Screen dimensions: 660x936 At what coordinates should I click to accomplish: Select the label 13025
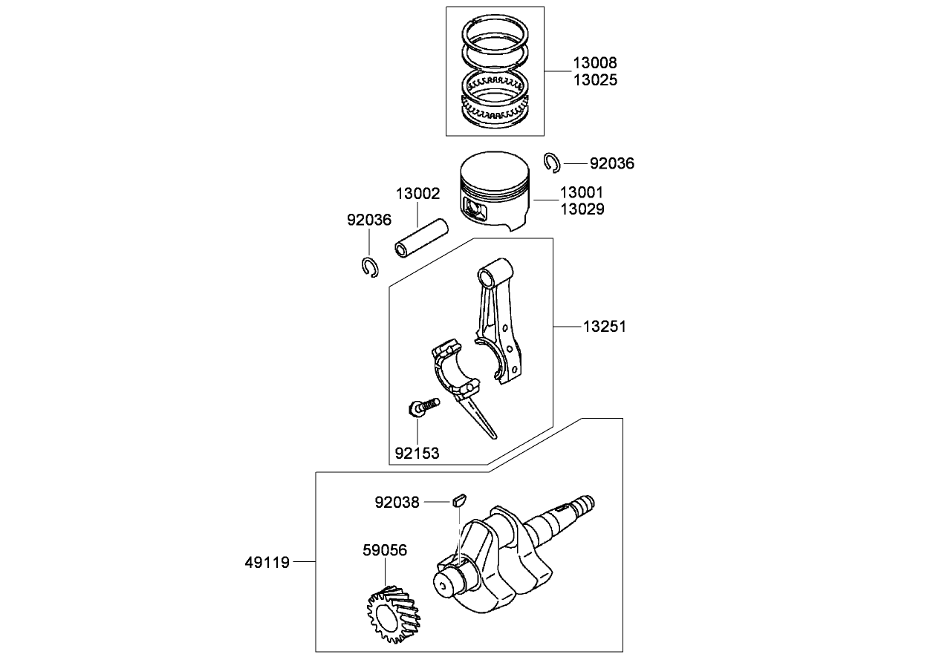(x=594, y=80)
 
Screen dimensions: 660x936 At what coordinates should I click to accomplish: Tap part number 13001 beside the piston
(x=582, y=193)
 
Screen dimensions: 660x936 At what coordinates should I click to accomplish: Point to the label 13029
(x=582, y=209)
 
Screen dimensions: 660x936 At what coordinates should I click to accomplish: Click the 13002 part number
(x=417, y=195)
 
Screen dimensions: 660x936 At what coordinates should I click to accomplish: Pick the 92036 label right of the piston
(x=612, y=163)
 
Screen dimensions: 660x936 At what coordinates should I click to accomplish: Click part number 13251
(x=604, y=326)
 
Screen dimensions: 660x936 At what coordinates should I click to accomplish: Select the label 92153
(x=417, y=453)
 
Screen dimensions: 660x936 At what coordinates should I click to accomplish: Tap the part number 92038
(x=397, y=503)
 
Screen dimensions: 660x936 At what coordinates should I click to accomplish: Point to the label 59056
(x=385, y=550)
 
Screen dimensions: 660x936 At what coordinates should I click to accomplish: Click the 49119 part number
(x=267, y=562)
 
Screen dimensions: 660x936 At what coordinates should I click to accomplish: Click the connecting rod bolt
(x=423, y=406)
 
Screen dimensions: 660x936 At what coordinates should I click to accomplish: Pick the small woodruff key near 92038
(x=458, y=500)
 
